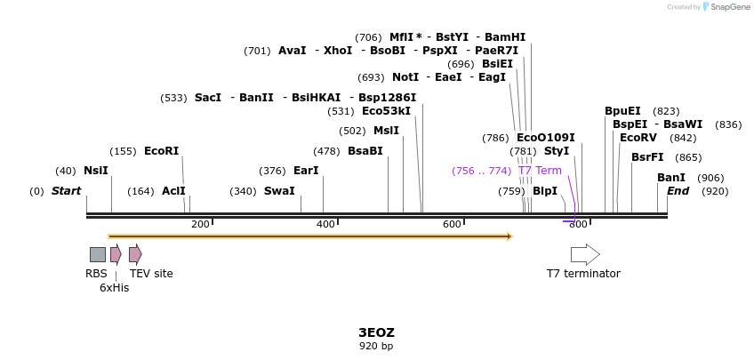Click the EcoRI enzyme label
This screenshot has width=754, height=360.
pos(161,151)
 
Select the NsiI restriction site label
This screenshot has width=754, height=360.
pos(95,171)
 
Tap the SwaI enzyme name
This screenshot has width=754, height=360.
pos(279,191)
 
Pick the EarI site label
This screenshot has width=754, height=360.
pos(305,171)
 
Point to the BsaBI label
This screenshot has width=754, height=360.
pos(365,151)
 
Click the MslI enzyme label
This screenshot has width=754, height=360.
pos(386,131)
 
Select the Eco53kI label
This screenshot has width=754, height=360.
pos(386,111)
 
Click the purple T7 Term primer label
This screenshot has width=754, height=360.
pos(540,171)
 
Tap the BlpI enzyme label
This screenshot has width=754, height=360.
pos(544,191)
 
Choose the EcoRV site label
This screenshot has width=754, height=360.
pos(638,138)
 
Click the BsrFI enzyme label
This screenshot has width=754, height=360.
pos(647,157)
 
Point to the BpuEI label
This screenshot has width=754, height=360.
pos(622,111)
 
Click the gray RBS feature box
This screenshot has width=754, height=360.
pos(97,254)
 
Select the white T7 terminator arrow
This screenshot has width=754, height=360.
pos(584,254)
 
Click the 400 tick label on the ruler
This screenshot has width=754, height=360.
pos(326,225)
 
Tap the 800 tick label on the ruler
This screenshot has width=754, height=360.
pos(578,225)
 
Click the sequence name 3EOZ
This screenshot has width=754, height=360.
pos(376,332)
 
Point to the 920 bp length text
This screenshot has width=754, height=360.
pos(376,346)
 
